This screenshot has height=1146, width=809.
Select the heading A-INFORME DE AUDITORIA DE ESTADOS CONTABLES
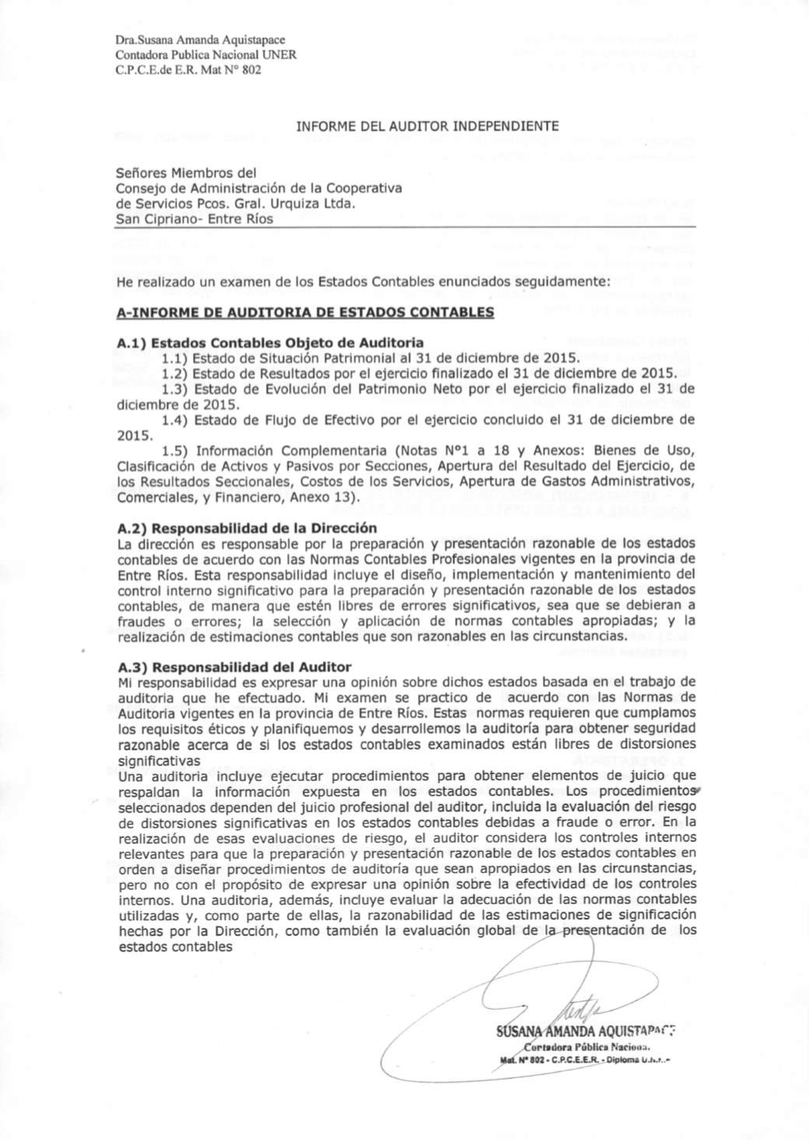pos(304,313)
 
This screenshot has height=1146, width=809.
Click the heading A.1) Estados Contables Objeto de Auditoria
pos(269,342)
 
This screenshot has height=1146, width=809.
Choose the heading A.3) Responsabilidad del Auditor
pos(233,667)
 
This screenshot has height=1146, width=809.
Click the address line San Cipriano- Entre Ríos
pos(194,219)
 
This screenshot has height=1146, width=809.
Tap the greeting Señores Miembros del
pos(186,173)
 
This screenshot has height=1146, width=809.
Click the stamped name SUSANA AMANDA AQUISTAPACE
pos(584,1034)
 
